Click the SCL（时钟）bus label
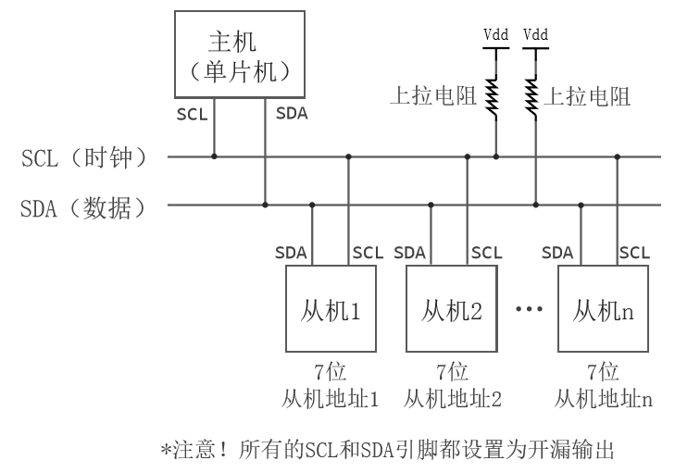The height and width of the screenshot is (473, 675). tap(84, 156)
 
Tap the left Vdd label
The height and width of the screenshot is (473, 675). tap(495, 35)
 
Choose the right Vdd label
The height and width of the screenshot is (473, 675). tap(535, 35)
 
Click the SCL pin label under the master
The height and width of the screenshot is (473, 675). tap(193, 116)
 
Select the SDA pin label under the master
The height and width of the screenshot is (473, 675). tap(293, 116)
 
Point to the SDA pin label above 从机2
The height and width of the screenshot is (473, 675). tap(410, 252)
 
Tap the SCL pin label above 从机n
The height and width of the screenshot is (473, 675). tap(634, 252)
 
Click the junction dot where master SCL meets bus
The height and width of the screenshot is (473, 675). tap(215, 156)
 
